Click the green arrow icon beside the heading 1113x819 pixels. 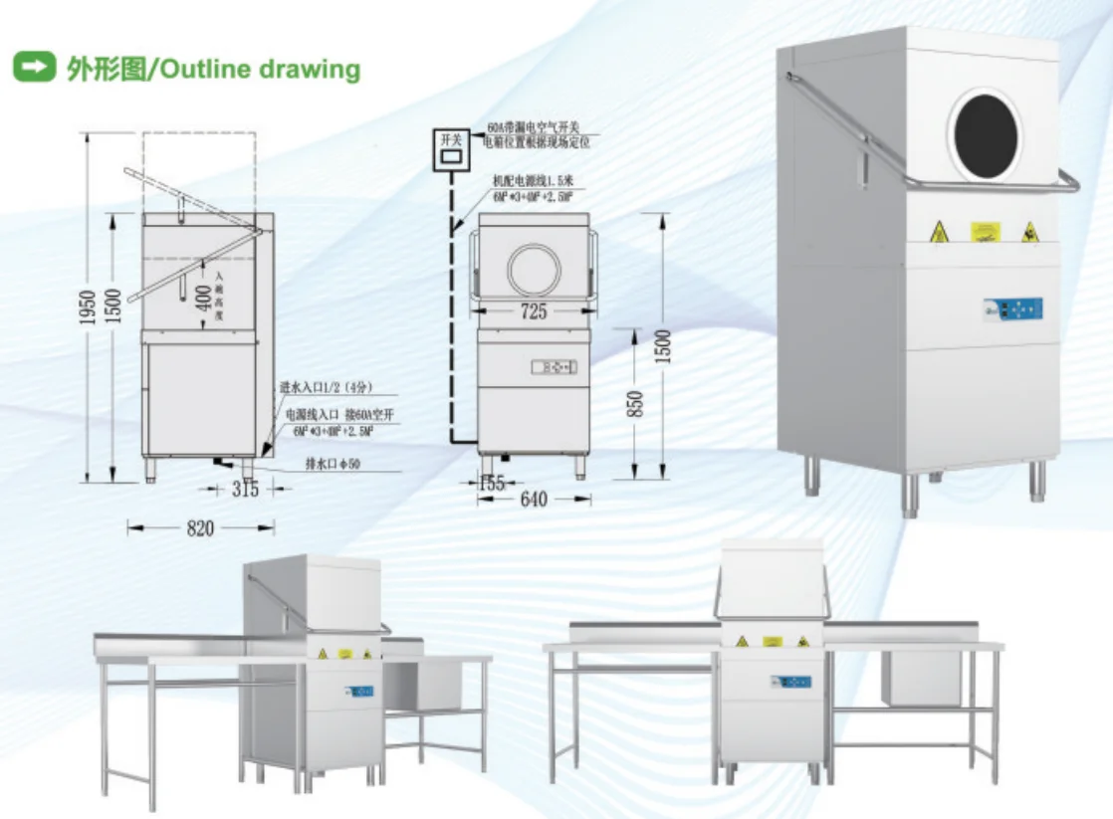(x=33, y=69)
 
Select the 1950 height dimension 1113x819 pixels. (x=89, y=308)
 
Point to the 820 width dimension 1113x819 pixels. (x=200, y=528)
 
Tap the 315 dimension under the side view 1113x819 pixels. (x=244, y=490)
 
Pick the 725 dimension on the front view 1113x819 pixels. (x=534, y=311)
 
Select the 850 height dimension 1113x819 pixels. (x=637, y=403)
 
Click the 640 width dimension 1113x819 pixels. (x=534, y=500)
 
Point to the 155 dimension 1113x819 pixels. (x=491, y=483)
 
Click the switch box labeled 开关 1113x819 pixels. (x=451, y=150)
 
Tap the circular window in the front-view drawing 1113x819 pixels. (x=534, y=269)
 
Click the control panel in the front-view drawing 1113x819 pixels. (x=554, y=367)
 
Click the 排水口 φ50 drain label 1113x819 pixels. (x=332, y=464)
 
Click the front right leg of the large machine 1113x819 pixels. (x=1037, y=482)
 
